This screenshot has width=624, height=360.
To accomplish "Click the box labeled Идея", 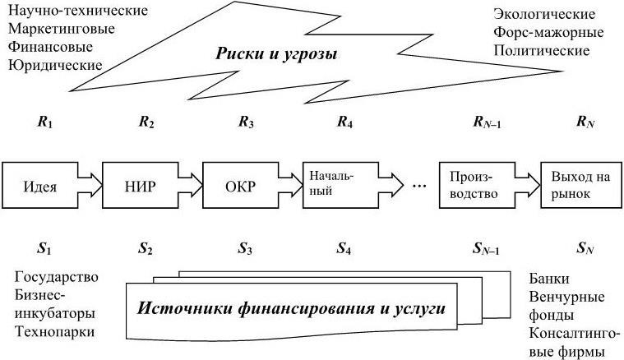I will coord(42,183).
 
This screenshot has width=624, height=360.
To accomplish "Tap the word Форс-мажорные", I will coord(548,33).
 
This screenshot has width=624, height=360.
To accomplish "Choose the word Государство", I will coord(52,276).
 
